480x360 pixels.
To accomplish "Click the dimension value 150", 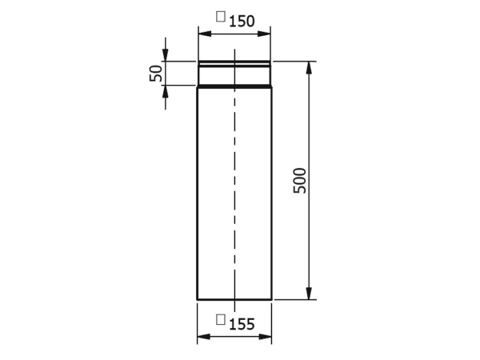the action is (242, 22).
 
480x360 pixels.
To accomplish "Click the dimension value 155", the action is (242, 324).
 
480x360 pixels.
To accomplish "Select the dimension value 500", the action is (300, 181).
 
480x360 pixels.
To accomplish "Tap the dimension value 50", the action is (156, 73).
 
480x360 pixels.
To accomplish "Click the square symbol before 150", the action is (221, 17).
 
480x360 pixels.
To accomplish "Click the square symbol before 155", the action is (221, 319).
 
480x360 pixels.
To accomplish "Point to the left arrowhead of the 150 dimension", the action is (205, 34).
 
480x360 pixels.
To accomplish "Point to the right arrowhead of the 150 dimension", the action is (264, 34).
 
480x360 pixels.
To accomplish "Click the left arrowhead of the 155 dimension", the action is (203, 337).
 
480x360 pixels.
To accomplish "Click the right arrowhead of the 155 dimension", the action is (265, 337).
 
